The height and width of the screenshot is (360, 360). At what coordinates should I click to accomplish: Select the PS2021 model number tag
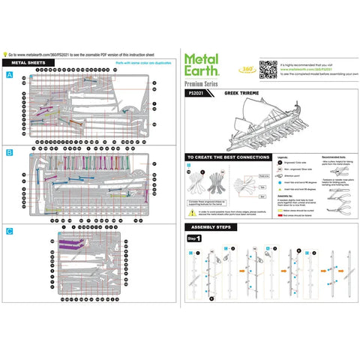pyautogui.click(x=196, y=95)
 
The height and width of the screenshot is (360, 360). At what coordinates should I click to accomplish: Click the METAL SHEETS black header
pyautogui.click(x=28, y=64)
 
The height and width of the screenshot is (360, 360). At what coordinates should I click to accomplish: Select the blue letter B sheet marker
pyautogui.click(x=9, y=152)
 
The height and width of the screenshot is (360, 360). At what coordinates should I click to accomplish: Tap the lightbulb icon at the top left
pyautogui.click(x=6, y=55)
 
